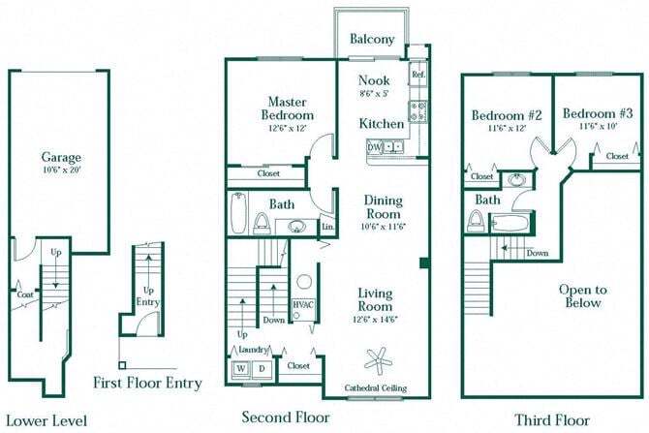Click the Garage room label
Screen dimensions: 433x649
60,157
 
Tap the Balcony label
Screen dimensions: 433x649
372,40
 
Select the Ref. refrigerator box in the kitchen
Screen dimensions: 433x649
417,75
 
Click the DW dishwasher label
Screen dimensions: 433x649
374,147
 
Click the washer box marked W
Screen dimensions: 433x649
240,369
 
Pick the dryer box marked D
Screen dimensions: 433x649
261,369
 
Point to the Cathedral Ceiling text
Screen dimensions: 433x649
376,388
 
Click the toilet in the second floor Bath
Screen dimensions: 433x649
261,223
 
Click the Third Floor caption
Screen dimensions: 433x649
553,420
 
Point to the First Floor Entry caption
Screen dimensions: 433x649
148,383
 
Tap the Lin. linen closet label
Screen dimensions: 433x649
328,227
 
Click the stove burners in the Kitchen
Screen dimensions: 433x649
418,111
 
